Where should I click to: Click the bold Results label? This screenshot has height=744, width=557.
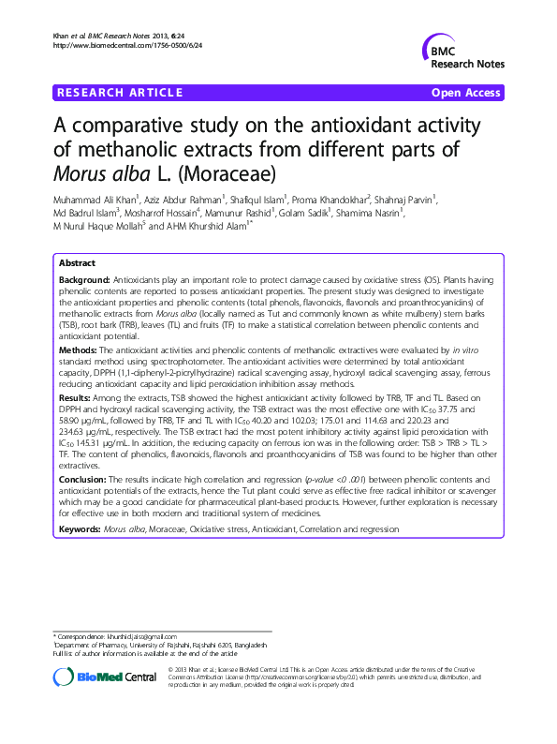[76, 398]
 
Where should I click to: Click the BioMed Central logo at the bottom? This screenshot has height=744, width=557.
[104, 676]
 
